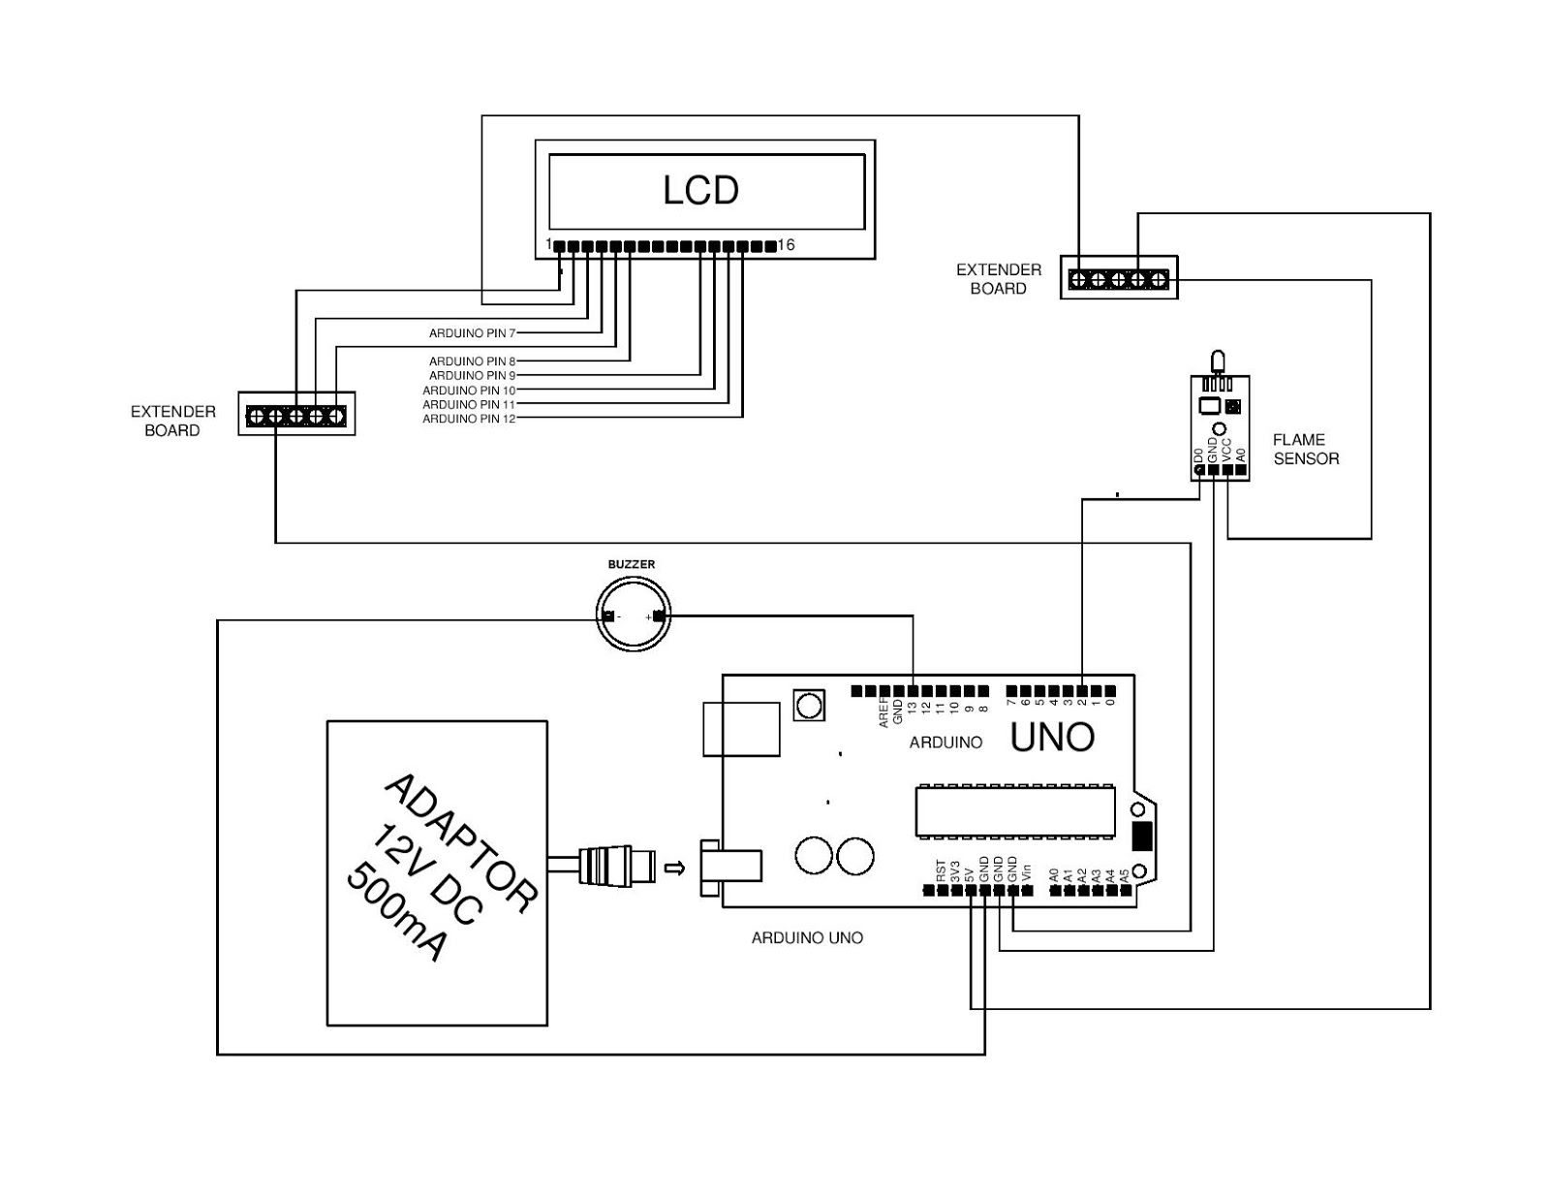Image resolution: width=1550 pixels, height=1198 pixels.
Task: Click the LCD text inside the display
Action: coord(700,190)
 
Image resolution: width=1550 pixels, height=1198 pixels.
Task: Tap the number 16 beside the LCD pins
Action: coord(786,245)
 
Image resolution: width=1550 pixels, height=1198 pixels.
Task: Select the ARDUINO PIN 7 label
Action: coord(472,333)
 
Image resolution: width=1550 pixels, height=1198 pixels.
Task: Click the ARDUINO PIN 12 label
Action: coord(469,419)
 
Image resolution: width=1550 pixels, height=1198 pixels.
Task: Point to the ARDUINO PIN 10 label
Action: coord(469,391)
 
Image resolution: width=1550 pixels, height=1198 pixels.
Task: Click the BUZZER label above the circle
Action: coord(631,564)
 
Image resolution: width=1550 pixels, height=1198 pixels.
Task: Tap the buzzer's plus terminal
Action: coord(659,616)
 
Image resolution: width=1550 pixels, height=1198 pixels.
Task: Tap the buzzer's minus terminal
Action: coord(608,616)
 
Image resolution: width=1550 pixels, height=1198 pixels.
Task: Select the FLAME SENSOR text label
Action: coord(1306,449)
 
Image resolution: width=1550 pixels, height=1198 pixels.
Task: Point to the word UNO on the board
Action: coord(1052,738)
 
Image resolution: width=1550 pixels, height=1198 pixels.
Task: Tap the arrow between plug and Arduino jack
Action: coord(675,867)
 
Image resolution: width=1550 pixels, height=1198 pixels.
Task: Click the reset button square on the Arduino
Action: coord(809,705)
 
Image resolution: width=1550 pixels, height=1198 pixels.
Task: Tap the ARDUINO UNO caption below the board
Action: coord(807,938)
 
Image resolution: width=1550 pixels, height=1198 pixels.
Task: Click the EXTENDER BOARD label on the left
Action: coord(172,421)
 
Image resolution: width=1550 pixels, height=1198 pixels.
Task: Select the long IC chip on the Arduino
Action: coord(1014,811)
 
